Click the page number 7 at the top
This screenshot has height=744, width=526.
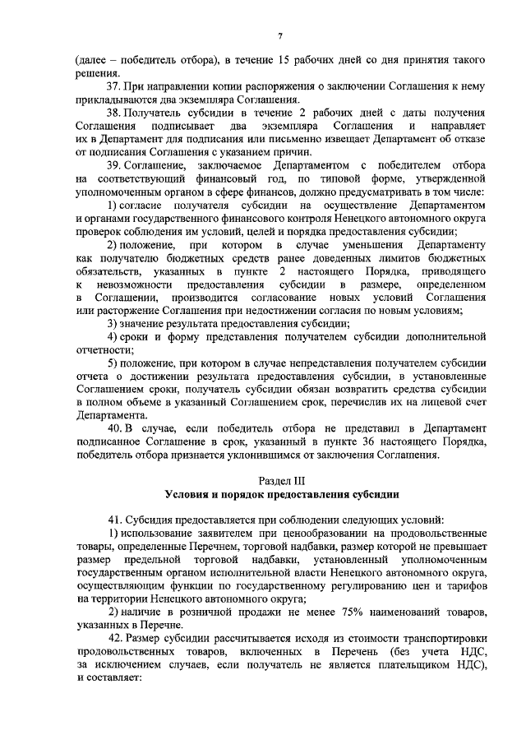(x=279, y=35)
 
